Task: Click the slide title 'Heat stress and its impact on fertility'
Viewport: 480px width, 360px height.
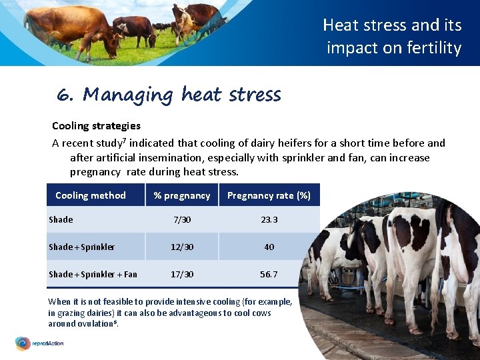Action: pyautogui.click(x=393, y=37)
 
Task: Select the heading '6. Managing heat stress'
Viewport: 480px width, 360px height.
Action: pyautogui.click(x=169, y=95)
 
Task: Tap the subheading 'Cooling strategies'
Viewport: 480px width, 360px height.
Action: pyautogui.click(x=96, y=125)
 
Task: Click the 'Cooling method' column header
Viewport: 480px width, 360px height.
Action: pyautogui.click(x=91, y=195)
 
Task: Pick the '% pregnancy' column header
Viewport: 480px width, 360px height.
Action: pyautogui.click(x=182, y=195)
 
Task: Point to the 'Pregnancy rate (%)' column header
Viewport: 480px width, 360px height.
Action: pyautogui.click(x=269, y=195)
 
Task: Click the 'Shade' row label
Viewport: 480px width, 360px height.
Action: pyautogui.click(x=61, y=219)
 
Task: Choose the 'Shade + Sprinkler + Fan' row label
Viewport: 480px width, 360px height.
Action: pyautogui.click(x=93, y=274)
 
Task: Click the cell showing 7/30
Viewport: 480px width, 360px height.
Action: pyautogui.click(x=182, y=219)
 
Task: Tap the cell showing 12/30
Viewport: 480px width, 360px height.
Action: pyautogui.click(x=182, y=247)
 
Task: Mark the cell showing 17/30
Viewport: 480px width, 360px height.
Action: pyautogui.click(x=182, y=274)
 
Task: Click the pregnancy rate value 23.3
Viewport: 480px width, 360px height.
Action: pyautogui.click(x=269, y=219)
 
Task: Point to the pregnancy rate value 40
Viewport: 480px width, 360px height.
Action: pyautogui.click(x=269, y=247)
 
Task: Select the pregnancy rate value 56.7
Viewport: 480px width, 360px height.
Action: pyautogui.click(x=269, y=274)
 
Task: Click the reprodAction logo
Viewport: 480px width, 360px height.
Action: pyautogui.click(x=40, y=344)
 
